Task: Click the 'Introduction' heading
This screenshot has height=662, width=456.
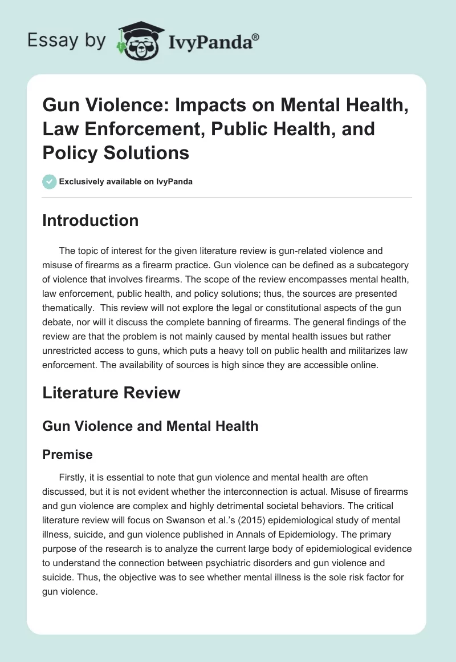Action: point(90,221)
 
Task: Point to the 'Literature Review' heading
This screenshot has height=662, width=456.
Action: point(111,393)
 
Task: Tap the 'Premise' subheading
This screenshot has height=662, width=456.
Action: point(67,454)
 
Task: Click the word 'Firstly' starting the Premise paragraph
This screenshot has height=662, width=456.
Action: point(74,477)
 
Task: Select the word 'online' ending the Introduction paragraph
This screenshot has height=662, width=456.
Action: point(364,365)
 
